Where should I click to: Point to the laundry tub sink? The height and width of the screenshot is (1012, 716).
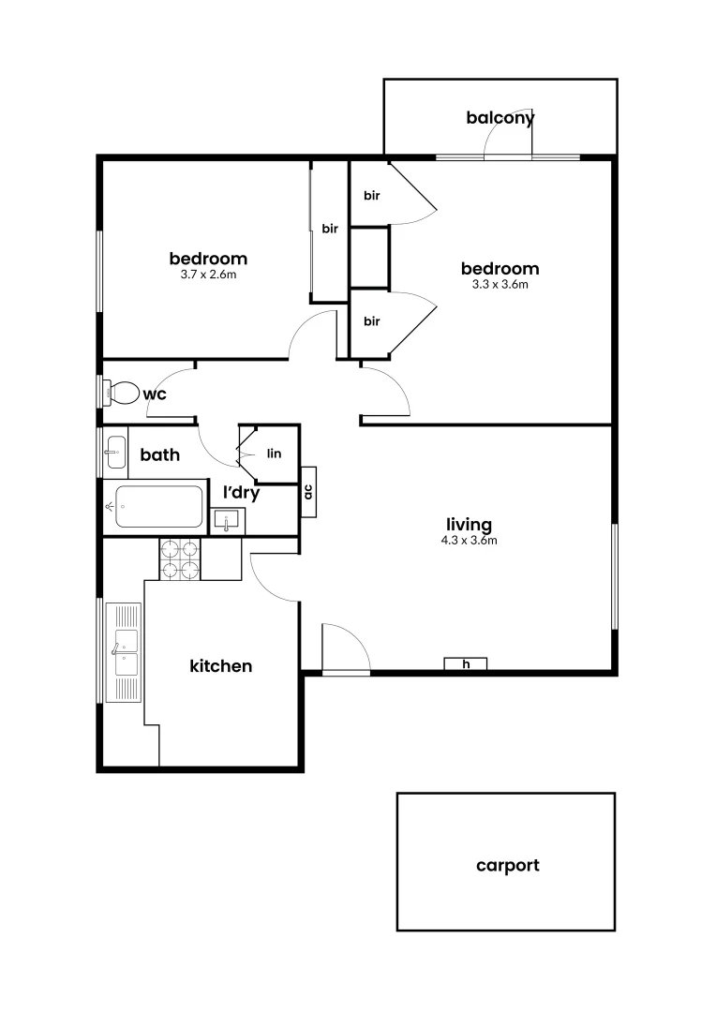(228, 520)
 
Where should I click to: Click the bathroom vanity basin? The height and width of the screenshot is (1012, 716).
(114, 454)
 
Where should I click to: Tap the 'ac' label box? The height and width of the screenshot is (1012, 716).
(307, 491)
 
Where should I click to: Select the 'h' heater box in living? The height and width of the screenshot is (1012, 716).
(466, 664)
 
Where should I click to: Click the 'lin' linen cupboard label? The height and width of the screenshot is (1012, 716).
(275, 454)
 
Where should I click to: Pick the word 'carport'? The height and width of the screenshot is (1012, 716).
(507, 865)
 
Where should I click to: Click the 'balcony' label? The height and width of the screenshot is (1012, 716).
(500, 118)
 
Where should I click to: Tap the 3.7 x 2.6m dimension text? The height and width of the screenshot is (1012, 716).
(208, 275)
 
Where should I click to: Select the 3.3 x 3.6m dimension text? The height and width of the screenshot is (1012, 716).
(500, 284)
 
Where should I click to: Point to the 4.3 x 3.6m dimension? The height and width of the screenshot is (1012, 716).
(470, 540)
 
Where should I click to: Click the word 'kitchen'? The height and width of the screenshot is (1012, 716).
(221, 666)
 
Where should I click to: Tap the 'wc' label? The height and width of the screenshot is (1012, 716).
(155, 394)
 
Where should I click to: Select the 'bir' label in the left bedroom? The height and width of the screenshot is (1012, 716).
(330, 229)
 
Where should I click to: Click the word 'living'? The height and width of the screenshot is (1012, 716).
(470, 524)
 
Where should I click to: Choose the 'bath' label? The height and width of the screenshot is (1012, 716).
(160, 455)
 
